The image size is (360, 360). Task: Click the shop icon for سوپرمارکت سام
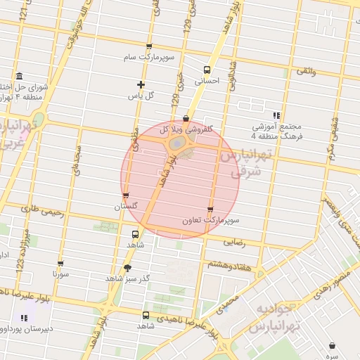pyautogui.click(x=149, y=47)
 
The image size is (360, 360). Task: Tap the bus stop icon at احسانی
pyautogui.click(x=207, y=70)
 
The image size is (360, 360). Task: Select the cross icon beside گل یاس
pyautogui.click(x=141, y=84)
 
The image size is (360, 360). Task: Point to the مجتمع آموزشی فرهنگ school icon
pyautogui.click(x=276, y=115)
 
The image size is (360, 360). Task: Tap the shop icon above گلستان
pyautogui.click(x=126, y=195)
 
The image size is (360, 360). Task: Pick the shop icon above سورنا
pyautogui.click(x=60, y=264)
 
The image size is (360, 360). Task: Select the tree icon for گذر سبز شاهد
pyautogui.click(x=127, y=267)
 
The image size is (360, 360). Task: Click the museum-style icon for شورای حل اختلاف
pyautogui.click(x=18, y=76)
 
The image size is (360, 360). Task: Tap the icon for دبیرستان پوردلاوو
pyautogui.click(x=25, y=317)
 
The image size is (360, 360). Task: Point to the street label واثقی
pyautogui.click(x=307, y=72)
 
